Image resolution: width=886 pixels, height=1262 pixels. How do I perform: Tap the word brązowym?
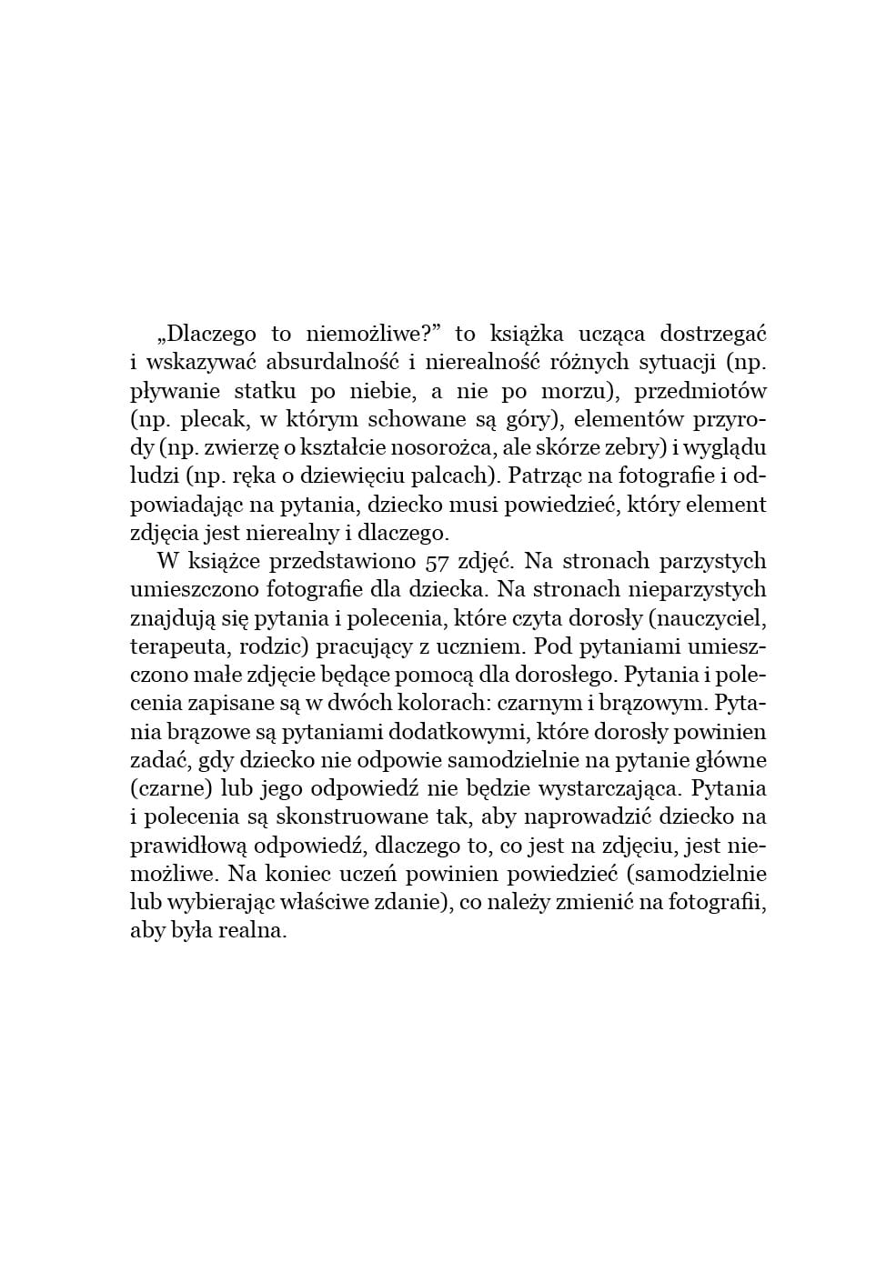click(x=658, y=703)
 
